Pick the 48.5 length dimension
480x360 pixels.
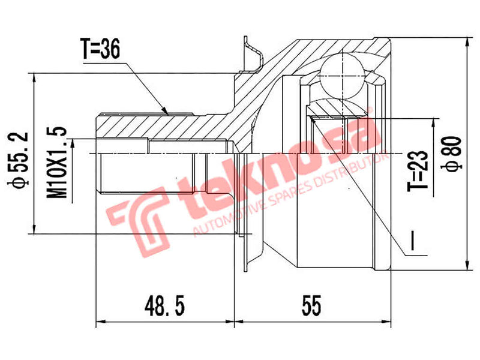164,307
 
